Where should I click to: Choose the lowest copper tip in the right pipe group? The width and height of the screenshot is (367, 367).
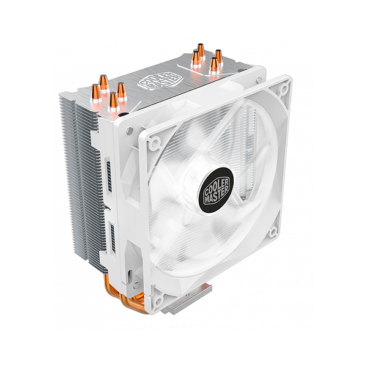coord(213,65)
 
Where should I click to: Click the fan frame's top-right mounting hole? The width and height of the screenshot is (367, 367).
coord(284,89)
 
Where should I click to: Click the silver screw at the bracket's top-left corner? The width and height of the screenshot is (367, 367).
coord(130,130)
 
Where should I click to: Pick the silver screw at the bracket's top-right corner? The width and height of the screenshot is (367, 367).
coord(259,80)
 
